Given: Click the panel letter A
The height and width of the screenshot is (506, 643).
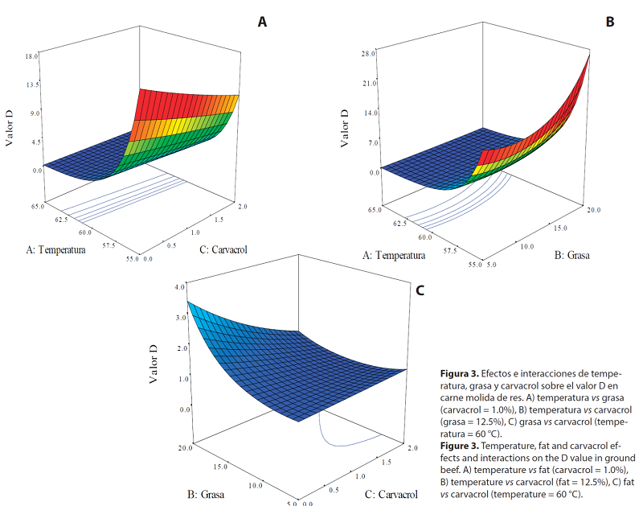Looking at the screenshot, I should coord(262,23).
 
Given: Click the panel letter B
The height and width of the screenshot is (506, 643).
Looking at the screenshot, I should coord(610,23).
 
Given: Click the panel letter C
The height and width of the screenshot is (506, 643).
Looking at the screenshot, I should coord(420,290).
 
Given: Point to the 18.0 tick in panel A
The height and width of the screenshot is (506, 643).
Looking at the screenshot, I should coord(32,56).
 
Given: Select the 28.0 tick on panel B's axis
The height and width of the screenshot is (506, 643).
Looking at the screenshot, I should coord(370,54).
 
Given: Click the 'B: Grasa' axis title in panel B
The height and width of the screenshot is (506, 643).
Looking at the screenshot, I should coord(572,256).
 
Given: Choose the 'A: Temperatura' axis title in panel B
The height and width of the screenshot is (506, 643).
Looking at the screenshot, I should coord(395,256).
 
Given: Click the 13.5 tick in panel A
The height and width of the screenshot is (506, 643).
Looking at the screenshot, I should coord(32,84).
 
